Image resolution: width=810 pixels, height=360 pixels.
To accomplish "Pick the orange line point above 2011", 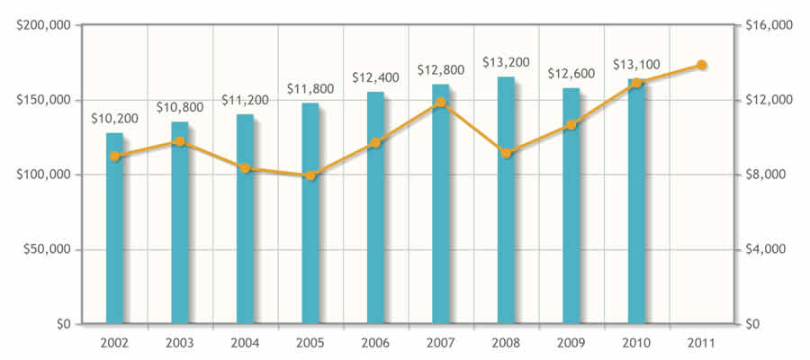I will point(701,65).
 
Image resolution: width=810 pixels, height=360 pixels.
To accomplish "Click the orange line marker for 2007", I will point(440,103).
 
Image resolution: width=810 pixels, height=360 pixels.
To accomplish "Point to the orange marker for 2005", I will point(310,175).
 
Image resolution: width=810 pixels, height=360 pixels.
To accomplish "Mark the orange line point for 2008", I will point(506,153).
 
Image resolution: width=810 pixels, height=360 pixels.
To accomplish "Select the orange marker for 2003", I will point(180,141).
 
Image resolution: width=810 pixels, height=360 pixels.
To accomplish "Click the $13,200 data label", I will point(506,62).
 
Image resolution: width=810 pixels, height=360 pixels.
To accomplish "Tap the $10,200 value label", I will point(114,118).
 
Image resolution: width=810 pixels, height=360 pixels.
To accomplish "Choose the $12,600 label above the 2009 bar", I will point(571,73).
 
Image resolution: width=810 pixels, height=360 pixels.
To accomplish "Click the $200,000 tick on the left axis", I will point(44,25).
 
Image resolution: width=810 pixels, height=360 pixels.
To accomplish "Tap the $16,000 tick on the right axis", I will point(768,25).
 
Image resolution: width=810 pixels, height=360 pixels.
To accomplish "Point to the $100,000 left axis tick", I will point(44,175).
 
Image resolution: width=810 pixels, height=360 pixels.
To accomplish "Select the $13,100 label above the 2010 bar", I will point(636,65).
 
